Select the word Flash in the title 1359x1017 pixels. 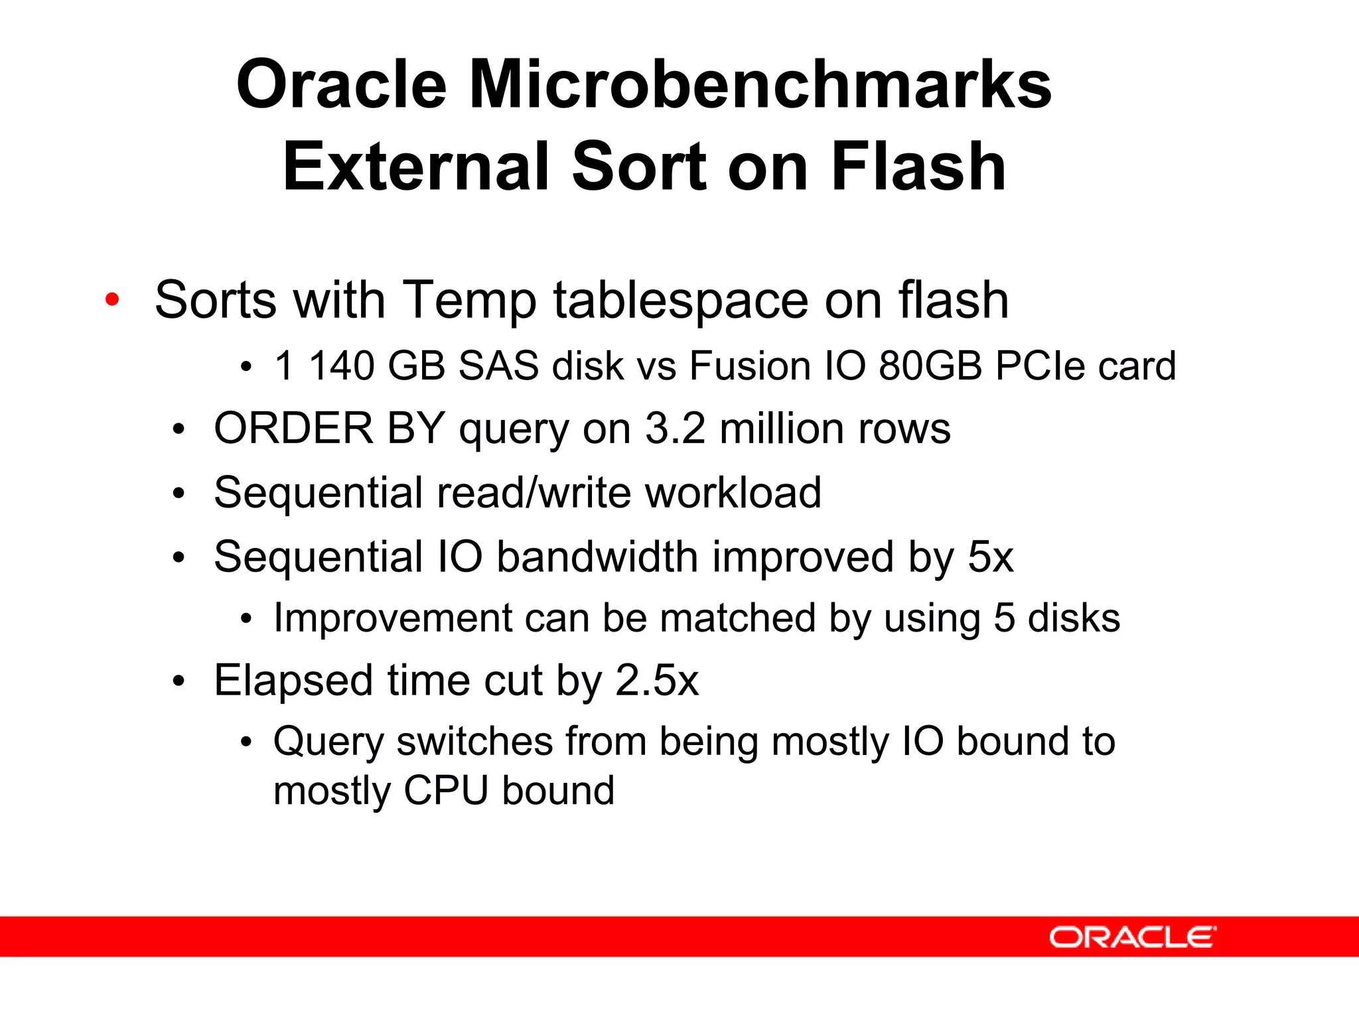click(x=918, y=167)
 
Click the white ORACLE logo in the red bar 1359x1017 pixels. click(x=1132, y=937)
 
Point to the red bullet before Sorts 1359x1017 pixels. click(x=112, y=299)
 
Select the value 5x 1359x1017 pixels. click(x=990, y=557)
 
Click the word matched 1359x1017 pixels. click(x=737, y=618)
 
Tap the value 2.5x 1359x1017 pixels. click(x=656, y=681)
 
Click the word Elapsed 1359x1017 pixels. click(x=293, y=681)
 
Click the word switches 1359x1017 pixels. click(x=474, y=741)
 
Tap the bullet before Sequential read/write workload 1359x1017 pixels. click(x=178, y=494)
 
